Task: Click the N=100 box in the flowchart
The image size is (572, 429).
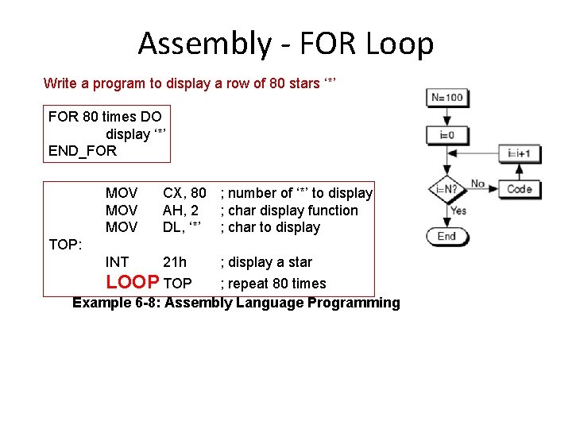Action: coord(446,99)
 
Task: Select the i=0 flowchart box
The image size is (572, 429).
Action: coord(446,135)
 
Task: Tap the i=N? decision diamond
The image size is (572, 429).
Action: coord(446,190)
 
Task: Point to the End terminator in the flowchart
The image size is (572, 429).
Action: coord(446,236)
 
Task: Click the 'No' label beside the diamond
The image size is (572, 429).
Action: coord(477,184)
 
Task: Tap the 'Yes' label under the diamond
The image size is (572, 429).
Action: coord(458,211)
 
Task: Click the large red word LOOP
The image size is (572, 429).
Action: coord(133,282)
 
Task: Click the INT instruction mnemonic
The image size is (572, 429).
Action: coord(117,262)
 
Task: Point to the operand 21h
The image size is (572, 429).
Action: coord(175,262)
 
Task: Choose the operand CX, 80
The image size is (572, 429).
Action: coord(184,193)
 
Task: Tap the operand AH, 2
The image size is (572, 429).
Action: coord(180,211)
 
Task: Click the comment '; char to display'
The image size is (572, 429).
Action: coord(270,227)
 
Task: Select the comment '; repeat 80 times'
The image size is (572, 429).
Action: coord(273,284)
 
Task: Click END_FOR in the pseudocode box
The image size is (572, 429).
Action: coord(83,151)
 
